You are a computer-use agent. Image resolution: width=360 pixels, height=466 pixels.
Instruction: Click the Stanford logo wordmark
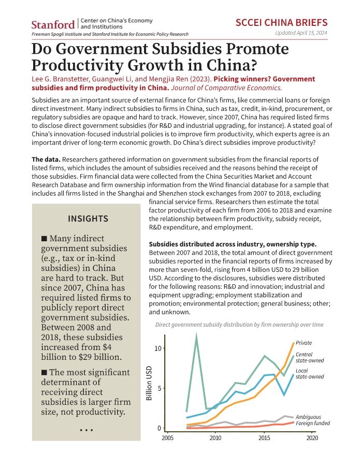coord(53,24)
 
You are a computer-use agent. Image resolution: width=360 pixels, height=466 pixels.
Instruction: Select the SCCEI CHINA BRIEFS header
coord(281,23)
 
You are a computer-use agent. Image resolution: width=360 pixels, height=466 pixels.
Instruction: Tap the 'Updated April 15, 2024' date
coord(301,33)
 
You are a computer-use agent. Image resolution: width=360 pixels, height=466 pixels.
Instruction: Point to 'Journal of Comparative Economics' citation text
coord(226,88)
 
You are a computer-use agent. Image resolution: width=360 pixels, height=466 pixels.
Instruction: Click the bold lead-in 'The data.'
coord(46,159)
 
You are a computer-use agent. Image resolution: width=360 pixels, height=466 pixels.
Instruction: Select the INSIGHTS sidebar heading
coord(88,219)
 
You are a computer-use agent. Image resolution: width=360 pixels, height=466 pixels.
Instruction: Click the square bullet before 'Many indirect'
coord(45,238)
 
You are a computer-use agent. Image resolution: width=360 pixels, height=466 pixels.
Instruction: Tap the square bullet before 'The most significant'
coord(45,372)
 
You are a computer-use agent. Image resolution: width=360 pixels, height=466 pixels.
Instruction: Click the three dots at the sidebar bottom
coord(86,430)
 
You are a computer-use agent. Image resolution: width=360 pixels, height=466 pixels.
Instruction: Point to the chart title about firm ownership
coord(239,325)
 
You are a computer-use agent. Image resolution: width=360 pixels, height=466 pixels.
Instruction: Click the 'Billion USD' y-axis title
coord(149,383)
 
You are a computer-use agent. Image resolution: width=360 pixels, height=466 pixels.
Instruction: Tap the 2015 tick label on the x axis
coord(264,438)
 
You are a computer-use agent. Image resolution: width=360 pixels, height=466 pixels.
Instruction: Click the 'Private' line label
coord(304,343)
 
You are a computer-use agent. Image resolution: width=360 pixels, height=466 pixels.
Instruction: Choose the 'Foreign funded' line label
coord(313,423)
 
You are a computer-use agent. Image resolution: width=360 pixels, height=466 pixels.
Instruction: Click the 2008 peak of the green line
coord(196,334)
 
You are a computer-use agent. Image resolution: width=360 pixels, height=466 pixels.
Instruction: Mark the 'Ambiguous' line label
coord(308,417)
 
